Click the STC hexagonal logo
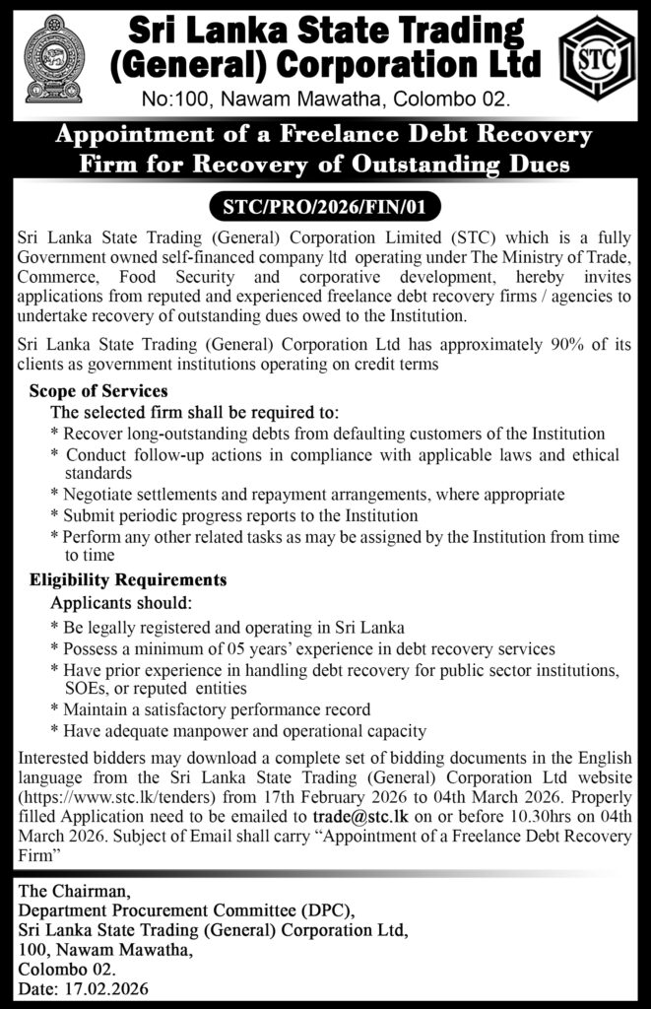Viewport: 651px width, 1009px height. (x=598, y=62)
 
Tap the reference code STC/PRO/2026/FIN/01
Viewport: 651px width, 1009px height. (x=325, y=207)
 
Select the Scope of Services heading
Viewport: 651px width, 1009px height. (x=98, y=391)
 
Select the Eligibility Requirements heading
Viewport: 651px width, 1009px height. (x=128, y=580)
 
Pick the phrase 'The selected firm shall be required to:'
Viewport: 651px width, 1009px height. (x=194, y=412)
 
